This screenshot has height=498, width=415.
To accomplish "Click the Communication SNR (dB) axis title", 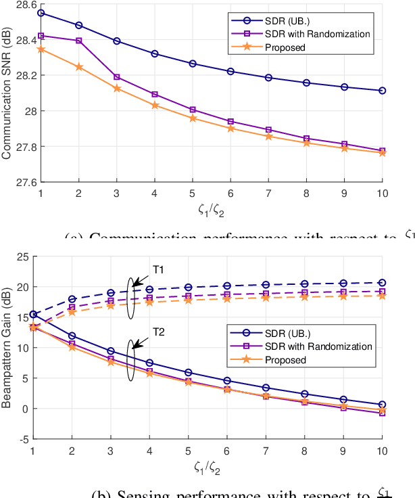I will pyautogui.click(x=7, y=93).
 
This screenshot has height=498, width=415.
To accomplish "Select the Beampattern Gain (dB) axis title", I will pyautogui.click(x=7, y=348).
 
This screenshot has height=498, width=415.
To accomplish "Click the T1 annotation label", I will pyautogui.click(x=158, y=270).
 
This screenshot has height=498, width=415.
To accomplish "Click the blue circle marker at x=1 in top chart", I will pyautogui.click(x=41, y=13).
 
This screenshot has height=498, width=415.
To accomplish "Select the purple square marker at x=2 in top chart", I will pyautogui.click(x=79, y=41).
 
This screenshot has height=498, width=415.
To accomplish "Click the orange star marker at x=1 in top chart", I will pyautogui.click(x=41, y=49).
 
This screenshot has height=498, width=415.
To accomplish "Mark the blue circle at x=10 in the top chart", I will pyautogui.click(x=382, y=91).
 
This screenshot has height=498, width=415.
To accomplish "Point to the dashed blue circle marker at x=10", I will pyautogui.click(x=382, y=283).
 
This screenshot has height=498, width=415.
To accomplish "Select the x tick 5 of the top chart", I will pyautogui.click(x=193, y=193).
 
